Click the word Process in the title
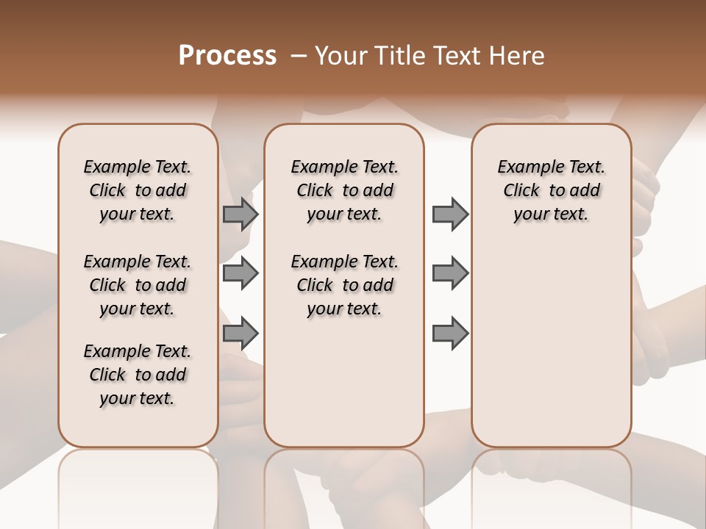pyautogui.click(x=227, y=56)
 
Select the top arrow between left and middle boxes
pyautogui.click(x=240, y=214)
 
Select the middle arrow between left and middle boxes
pyautogui.click(x=240, y=273)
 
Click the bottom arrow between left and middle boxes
pyautogui.click(x=240, y=334)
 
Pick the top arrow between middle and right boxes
pyautogui.click(x=450, y=214)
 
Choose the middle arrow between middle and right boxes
pyautogui.click(x=450, y=273)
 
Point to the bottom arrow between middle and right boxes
pyautogui.click(x=450, y=334)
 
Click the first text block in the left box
pyautogui.click(x=138, y=191)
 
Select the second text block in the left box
pyautogui.click(x=138, y=285)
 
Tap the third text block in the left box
pyautogui.click(x=138, y=375)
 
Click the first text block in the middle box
pyautogui.click(x=344, y=191)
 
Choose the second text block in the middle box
pyautogui.click(x=344, y=285)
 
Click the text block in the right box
pyautogui.click(x=551, y=191)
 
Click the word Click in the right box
pyautogui.click(x=521, y=191)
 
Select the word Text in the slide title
pyautogui.click(x=456, y=56)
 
